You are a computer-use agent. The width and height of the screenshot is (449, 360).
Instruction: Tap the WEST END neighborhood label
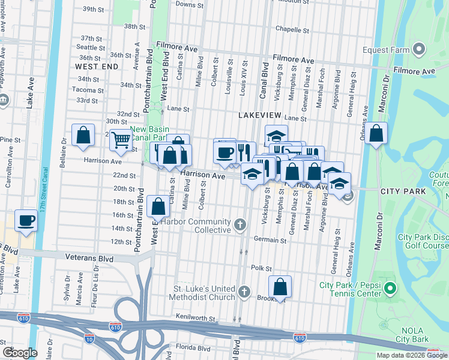(97, 67)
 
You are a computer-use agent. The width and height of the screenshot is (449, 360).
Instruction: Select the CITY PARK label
(403, 191)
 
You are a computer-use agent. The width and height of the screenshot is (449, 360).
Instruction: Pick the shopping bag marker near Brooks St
(280, 287)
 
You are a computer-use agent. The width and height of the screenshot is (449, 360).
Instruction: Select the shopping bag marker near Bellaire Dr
(83, 135)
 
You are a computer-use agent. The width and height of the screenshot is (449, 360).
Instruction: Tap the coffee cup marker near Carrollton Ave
(26, 220)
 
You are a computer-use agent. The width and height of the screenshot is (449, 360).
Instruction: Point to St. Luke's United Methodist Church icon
(244, 292)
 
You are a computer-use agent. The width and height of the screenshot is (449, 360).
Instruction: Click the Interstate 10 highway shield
(89, 340)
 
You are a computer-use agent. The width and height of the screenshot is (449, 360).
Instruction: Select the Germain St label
(270, 240)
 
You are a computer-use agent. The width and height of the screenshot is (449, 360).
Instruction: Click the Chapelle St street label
(292, 29)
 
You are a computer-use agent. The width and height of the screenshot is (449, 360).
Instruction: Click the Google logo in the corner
(20, 352)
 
